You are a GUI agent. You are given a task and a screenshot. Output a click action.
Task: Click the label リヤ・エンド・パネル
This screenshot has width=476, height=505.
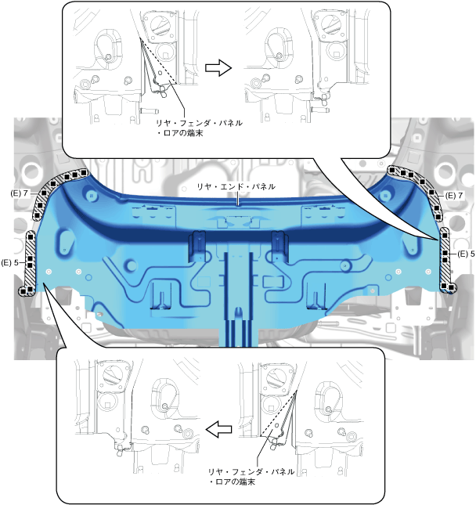236,186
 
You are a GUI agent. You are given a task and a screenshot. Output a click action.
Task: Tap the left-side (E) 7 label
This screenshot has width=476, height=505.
19,193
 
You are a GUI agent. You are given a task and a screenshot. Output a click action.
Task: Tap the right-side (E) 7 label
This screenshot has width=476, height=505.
454,196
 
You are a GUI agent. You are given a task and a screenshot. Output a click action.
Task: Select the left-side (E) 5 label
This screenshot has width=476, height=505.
10,263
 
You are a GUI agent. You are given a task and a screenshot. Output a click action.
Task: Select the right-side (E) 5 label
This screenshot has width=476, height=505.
466,254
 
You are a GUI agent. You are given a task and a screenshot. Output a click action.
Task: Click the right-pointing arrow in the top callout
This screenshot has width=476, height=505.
218,67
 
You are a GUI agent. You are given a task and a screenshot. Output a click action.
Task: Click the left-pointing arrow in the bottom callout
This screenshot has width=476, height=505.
218,429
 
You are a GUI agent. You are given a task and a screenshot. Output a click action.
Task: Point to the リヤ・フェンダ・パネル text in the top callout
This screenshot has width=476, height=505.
200,123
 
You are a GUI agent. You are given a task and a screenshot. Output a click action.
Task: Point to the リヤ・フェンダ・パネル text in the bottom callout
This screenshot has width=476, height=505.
251,472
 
